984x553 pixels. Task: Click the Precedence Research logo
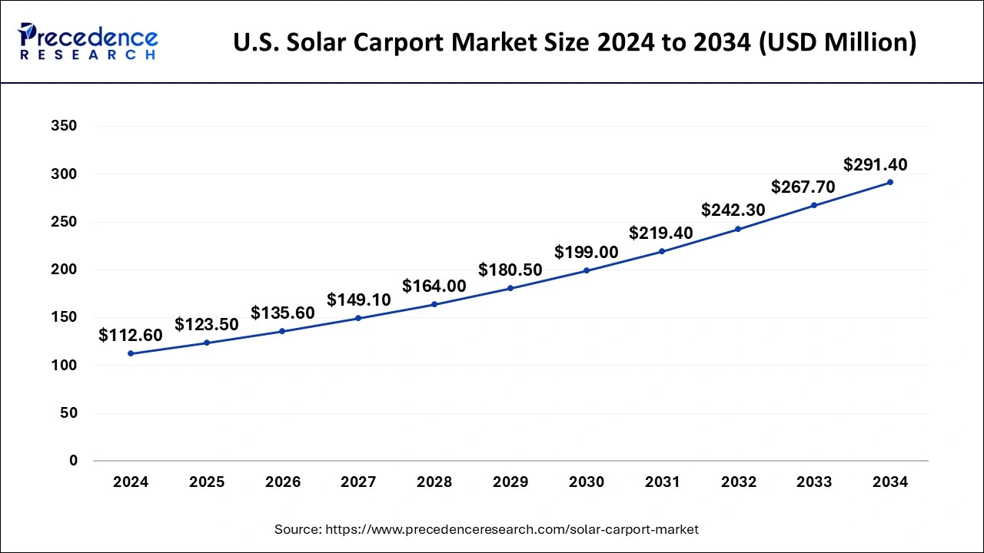(x=88, y=41)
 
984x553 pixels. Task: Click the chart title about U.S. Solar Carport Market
(x=574, y=42)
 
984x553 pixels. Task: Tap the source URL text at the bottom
(x=487, y=529)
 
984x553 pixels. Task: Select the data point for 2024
(x=131, y=353)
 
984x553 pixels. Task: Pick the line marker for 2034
(x=890, y=182)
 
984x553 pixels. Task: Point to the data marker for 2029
(x=510, y=288)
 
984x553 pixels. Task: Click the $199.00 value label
(x=586, y=252)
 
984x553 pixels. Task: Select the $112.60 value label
(x=131, y=336)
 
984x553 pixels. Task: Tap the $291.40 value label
(x=875, y=164)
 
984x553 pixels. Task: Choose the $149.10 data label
(x=358, y=300)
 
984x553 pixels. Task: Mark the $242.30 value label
(x=733, y=210)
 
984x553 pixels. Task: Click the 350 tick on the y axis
(x=64, y=126)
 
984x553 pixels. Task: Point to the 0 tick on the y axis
(x=73, y=461)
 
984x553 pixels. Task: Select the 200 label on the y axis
(x=64, y=270)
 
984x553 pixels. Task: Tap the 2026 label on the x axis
(x=282, y=482)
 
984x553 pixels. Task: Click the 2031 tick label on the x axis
(x=662, y=482)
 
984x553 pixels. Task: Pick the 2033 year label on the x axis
(x=814, y=482)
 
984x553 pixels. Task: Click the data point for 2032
(x=738, y=229)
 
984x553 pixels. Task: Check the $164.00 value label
(x=434, y=286)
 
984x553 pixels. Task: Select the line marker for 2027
(x=358, y=318)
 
